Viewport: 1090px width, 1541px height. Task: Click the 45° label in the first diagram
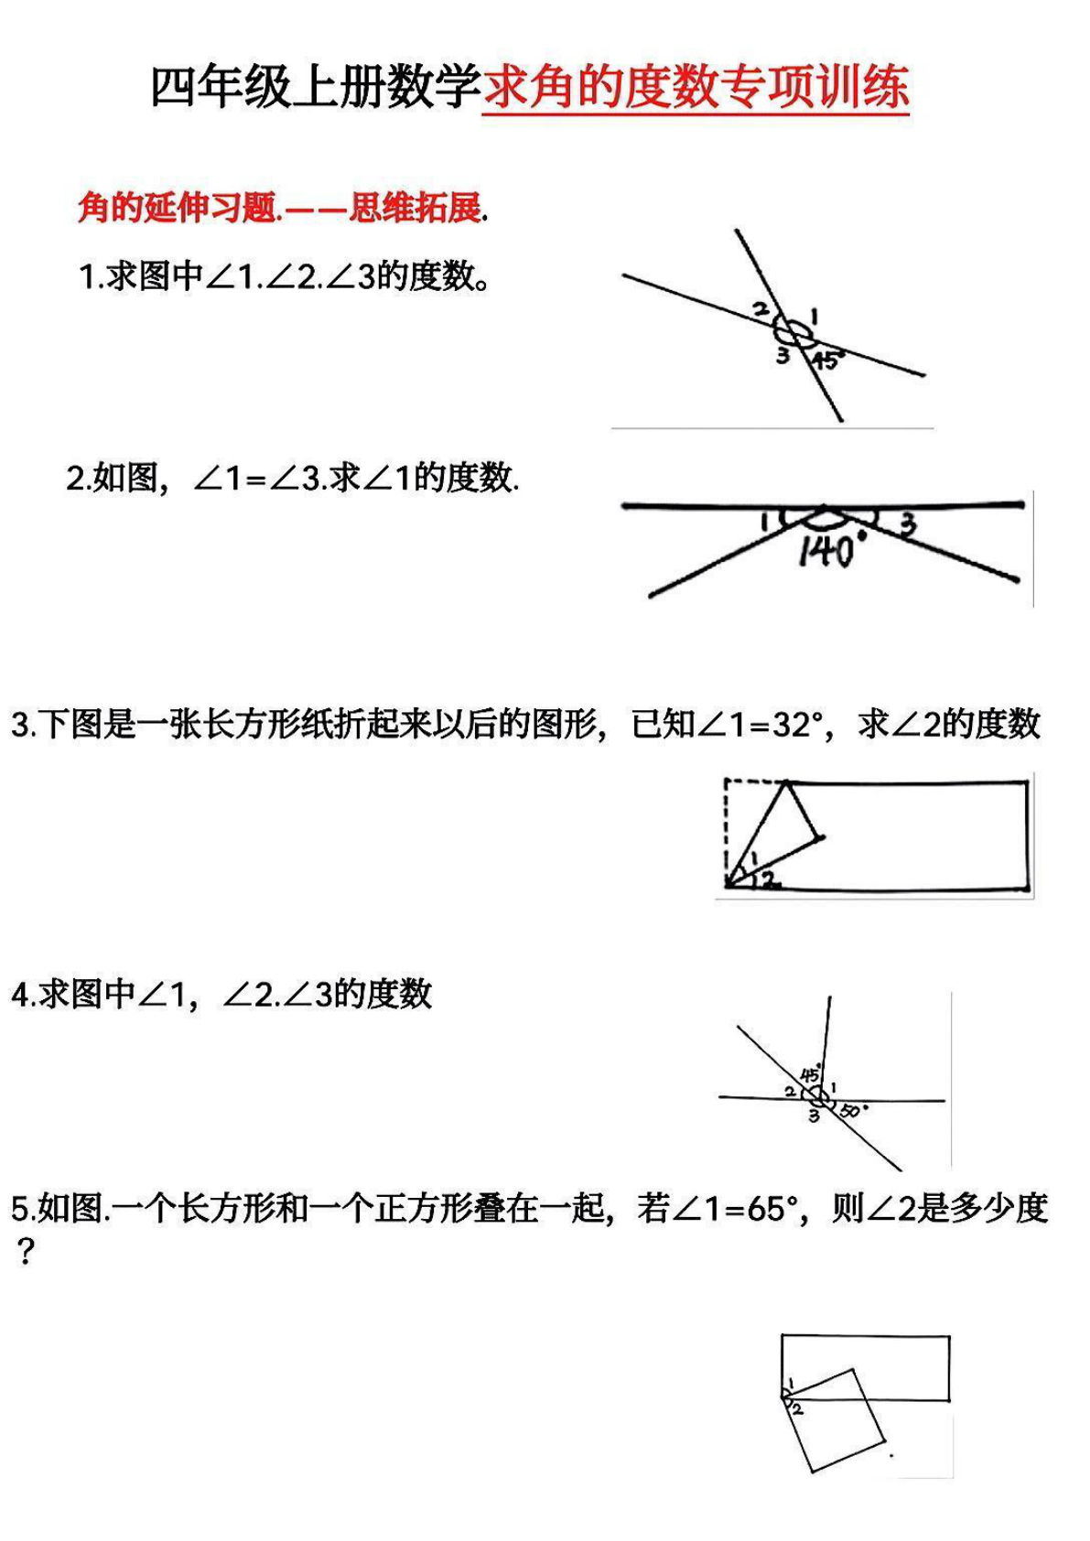click(826, 360)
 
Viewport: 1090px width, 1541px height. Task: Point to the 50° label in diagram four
click(851, 1111)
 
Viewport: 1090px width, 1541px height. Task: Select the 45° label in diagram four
click(811, 1074)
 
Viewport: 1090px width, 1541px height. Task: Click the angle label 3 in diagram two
click(907, 525)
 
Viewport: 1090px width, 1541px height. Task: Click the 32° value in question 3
click(793, 725)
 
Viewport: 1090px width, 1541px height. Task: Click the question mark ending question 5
click(25, 1252)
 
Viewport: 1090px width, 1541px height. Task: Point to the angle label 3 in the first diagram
click(782, 355)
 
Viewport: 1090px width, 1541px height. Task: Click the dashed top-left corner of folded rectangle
click(727, 782)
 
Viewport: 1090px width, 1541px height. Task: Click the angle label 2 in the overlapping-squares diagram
click(798, 1410)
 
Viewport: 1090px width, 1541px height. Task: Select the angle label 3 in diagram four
click(813, 1116)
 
